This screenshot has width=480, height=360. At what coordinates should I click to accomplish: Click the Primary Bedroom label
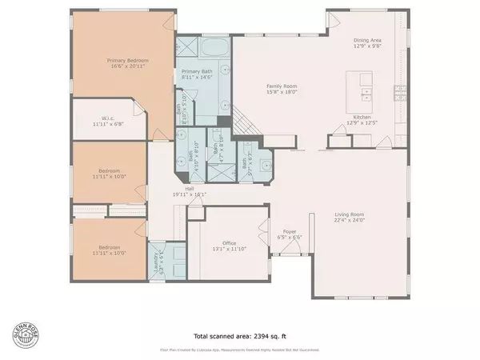tap(124, 60)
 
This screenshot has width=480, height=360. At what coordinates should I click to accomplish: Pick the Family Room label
tap(282, 86)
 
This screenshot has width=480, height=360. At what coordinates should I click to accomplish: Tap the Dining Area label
tap(369, 40)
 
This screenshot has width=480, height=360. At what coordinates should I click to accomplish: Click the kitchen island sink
tap(366, 94)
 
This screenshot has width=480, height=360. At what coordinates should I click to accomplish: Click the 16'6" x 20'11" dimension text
tap(124, 66)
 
